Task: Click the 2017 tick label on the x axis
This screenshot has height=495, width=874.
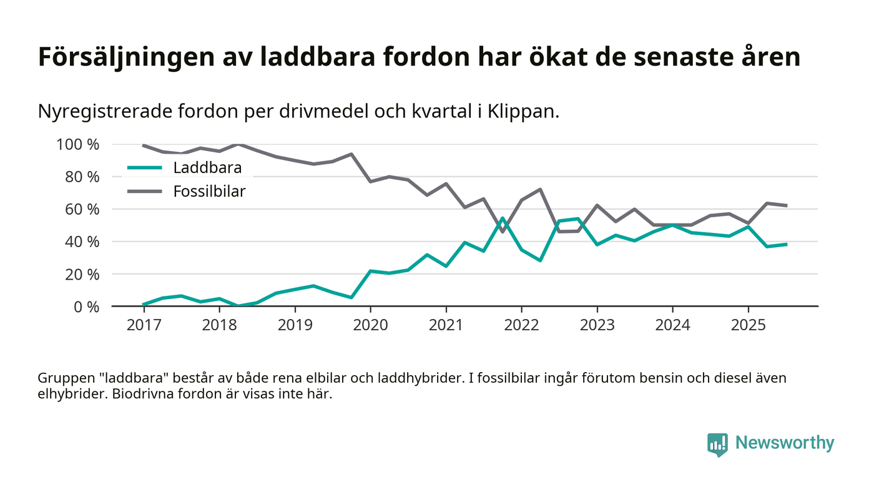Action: pyautogui.click(x=144, y=325)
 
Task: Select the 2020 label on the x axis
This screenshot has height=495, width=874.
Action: pyautogui.click(x=370, y=325)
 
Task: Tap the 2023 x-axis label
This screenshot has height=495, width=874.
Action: pyautogui.click(x=597, y=325)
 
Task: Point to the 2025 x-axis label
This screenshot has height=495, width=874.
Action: pyautogui.click(x=748, y=325)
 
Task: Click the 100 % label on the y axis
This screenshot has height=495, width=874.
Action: pyautogui.click(x=78, y=145)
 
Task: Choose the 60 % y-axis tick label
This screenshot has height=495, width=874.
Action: pyautogui.click(x=82, y=209)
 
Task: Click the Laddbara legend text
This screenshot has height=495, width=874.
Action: pyautogui.click(x=207, y=168)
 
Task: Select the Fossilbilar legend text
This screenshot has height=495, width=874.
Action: pyautogui.click(x=209, y=191)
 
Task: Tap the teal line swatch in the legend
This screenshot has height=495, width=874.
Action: pyautogui.click(x=144, y=168)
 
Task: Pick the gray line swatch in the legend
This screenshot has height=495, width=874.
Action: pyautogui.click(x=144, y=191)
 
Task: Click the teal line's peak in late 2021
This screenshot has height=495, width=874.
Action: pyautogui.click(x=503, y=218)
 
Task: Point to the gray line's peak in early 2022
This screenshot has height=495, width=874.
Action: pyautogui.click(x=540, y=189)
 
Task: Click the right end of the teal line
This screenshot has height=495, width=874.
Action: pyautogui.click(x=786, y=244)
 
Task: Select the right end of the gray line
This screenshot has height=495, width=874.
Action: pyautogui.click(x=786, y=205)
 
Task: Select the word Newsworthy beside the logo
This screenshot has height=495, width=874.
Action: pyautogui.click(x=784, y=443)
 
